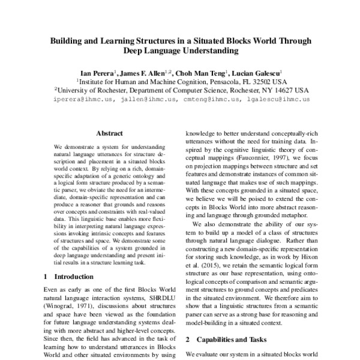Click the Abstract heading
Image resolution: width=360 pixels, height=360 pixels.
pos(109,133)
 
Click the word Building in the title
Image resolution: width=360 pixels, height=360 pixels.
pos(67,41)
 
